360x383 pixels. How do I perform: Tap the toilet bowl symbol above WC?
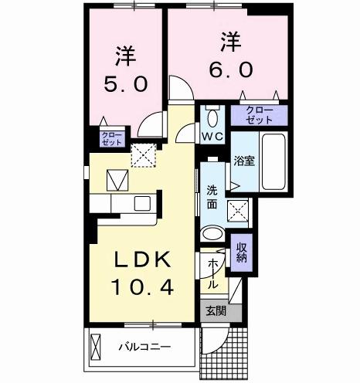tap(212, 118)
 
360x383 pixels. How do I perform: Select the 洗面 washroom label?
tap(212, 198)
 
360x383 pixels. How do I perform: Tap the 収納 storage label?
tap(242, 252)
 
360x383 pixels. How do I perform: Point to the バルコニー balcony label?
tap(144, 345)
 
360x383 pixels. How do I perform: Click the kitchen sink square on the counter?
tap(144, 204)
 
